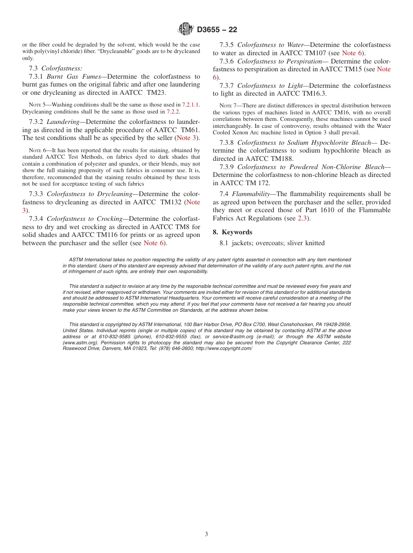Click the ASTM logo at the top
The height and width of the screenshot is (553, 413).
point(186,29)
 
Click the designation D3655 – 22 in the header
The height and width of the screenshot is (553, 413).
point(217,30)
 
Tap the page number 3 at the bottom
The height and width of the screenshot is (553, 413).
point(206,534)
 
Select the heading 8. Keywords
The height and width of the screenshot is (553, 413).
point(232,232)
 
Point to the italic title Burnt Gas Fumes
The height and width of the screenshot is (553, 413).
point(73,77)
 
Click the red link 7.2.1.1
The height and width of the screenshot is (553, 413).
point(191,105)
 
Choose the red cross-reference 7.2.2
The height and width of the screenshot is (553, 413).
point(173,111)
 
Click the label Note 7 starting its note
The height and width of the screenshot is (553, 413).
point(226,106)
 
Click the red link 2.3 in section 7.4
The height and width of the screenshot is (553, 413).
point(302,218)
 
